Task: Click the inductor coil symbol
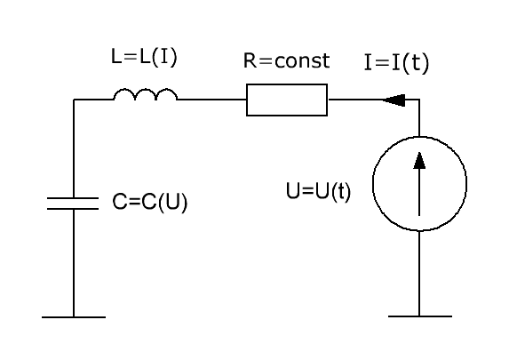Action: tap(145, 90)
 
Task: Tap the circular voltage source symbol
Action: tap(373, 184)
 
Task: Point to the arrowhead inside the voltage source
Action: tap(419, 161)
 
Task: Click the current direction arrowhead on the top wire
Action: tap(394, 100)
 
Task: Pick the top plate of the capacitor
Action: tap(73, 198)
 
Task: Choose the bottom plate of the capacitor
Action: tap(73, 208)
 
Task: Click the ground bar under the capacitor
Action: tap(74, 317)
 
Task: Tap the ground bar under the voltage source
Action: tap(420, 316)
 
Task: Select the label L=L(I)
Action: tap(144, 57)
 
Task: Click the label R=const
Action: tap(287, 60)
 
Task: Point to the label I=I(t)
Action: tap(396, 63)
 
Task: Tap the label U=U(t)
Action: tap(318, 191)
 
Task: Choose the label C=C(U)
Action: tap(149, 202)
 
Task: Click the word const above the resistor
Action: tap(302, 60)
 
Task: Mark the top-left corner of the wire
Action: tap(74, 100)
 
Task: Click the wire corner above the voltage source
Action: tap(419, 100)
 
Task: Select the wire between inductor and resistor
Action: tap(211, 100)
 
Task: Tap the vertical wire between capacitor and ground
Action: tap(74, 262)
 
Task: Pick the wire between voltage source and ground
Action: tap(419, 273)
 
